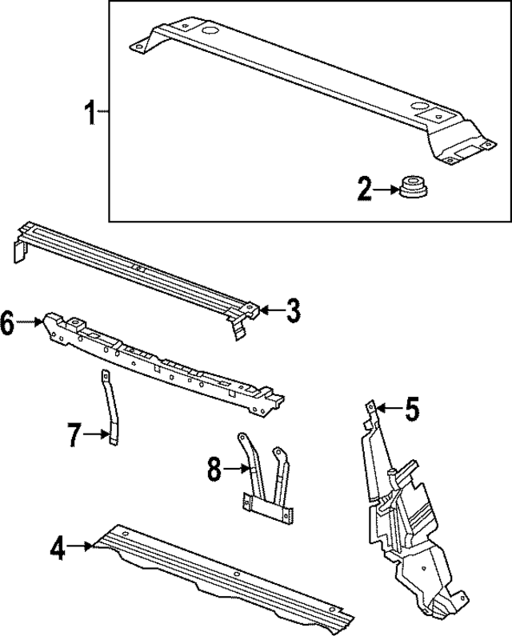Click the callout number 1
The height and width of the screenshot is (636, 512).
coord(92,114)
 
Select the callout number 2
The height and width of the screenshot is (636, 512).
coord(365,190)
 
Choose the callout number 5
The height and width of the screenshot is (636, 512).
coord(410,410)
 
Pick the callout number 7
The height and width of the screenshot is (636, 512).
coord(73,435)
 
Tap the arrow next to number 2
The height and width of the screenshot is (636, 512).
coord(387,190)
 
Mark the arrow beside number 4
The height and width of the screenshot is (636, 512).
coord(80,547)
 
